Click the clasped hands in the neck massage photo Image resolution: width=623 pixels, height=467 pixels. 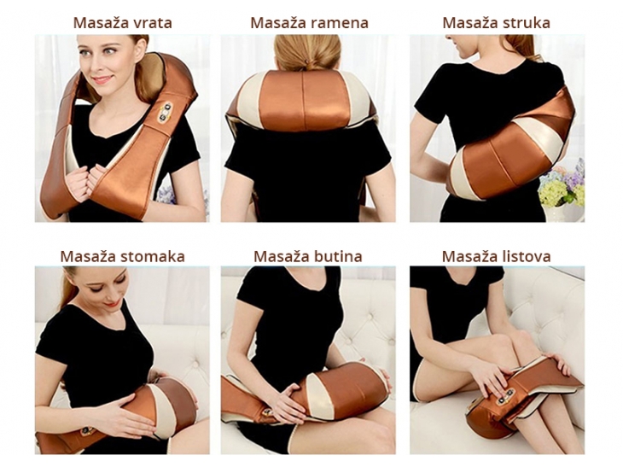84,178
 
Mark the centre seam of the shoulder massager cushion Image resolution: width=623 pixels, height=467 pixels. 303,98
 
